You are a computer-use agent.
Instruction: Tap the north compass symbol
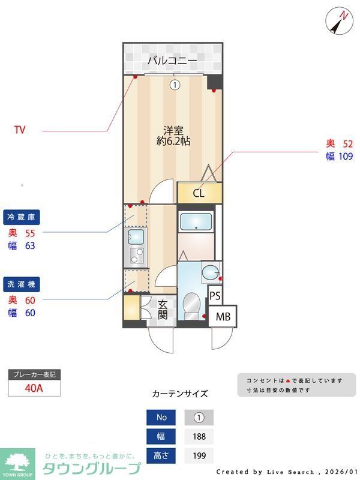(x=340, y=22)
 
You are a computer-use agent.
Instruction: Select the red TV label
(x=20, y=129)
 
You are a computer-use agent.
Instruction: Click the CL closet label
(x=199, y=193)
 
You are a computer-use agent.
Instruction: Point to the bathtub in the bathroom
(x=196, y=221)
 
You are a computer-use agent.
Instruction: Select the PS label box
(x=215, y=296)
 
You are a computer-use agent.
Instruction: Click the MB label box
(x=223, y=316)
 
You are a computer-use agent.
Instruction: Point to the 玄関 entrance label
(x=163, y=310)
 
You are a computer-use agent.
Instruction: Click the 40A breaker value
(x=34, y=388)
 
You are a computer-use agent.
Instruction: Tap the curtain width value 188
(x=199, y=436)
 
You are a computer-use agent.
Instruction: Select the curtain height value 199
(x=199, y=456)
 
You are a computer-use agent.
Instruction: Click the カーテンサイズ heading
(x=180, y=394)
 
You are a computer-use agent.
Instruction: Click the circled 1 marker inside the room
(x=174, y=85)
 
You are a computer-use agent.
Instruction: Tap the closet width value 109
(x=346, y=156)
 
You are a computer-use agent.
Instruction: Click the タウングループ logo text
(x=91, y=469)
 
